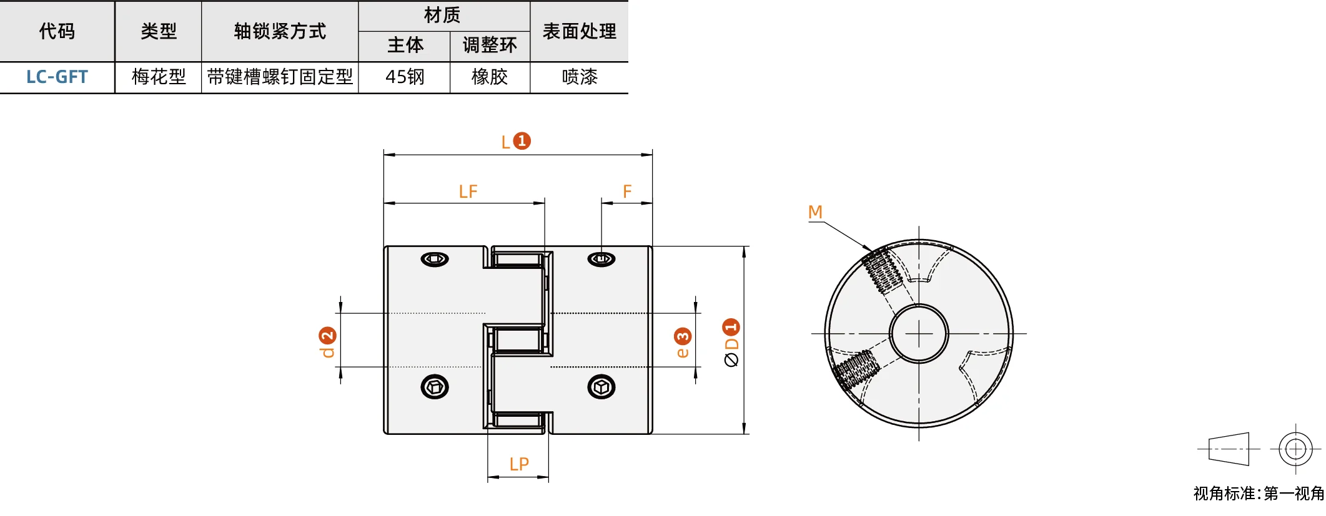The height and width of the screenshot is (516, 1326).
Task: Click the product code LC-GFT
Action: click(57, 77)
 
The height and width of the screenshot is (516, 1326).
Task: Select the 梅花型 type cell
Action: click(159, 77)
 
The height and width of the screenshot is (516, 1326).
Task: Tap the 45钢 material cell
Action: click(405, 77)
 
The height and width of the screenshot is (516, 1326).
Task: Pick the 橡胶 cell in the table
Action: click(490, 77)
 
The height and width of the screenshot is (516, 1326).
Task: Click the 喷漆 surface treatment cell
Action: click(580, 77)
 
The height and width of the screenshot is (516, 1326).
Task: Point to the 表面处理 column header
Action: click(580, 31)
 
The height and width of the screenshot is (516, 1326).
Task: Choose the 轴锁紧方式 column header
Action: click(280, 31)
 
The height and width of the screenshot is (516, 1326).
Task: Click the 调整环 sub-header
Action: click(490, 45)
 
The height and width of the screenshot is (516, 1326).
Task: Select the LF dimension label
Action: click(468, 192)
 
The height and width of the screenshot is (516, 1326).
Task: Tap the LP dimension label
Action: click(519, 464)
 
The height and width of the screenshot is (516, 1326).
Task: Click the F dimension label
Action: click(627, 192)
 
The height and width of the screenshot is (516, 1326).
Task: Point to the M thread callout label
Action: click(815, 212)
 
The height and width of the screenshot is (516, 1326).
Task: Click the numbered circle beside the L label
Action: click(522, 141)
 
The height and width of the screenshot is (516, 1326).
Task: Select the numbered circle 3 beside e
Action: click(683, 337)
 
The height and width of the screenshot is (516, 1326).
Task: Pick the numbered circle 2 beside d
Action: click(327, 336)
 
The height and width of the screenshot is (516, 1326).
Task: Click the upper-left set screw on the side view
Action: click(435, 258)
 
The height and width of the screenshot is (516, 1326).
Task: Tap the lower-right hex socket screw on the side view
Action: click(601, 387)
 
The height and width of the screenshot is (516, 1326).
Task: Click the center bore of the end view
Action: click(919, 334)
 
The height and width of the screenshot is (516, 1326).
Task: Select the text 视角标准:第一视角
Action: click(1259, 494)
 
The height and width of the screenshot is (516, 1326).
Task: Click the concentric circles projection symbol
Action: click(1295, 449)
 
